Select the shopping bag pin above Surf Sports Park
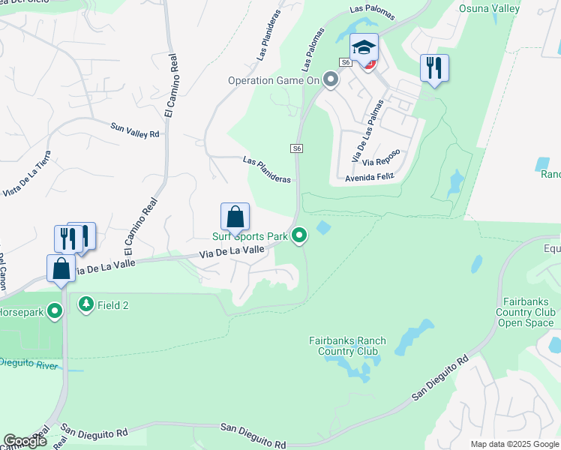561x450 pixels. (235, 217)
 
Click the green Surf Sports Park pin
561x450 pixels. (299, 236)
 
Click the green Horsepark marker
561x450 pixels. (55, 310)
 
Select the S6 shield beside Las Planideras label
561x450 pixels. (297, 148)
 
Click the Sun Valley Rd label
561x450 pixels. (135, 130)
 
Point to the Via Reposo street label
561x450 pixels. (380, 157)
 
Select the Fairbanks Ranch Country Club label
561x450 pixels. (347, 346)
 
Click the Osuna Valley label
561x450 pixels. (499, 7)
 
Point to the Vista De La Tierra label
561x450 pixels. (28, 174)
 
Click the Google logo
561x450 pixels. (25, 441)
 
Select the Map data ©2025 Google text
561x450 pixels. (514, 444)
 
